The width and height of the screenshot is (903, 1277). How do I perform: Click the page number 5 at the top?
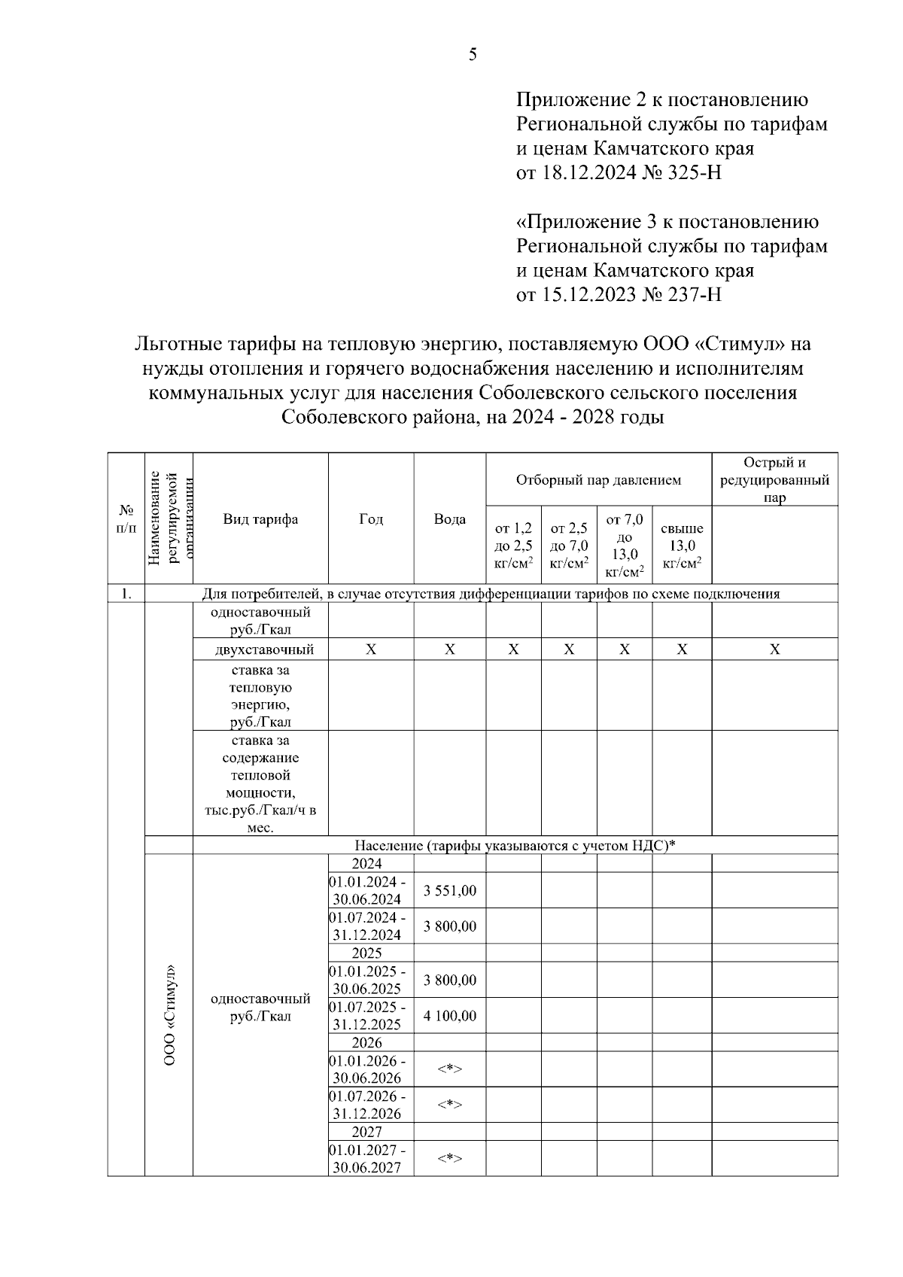coord(473,55)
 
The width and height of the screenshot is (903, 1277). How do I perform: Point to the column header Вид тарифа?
coord(260,519)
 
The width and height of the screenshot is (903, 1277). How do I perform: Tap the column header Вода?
coord(449,519)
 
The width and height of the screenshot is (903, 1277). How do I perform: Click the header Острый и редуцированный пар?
coord(774,479)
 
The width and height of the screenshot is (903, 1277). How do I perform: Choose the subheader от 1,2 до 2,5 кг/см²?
coord(513,546)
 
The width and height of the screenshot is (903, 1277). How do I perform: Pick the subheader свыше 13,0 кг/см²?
coord(681,546)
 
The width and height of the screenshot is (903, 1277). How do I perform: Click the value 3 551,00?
coord(449,891)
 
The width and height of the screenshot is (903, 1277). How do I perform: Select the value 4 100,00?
coord(449,1016)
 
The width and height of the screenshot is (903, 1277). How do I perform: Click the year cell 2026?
coord(367,1043)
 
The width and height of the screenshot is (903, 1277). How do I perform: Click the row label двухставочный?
coord(260,649)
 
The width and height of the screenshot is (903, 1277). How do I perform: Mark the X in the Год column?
coord(370,649)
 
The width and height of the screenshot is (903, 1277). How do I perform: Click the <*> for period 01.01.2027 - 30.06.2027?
coord(449,1158)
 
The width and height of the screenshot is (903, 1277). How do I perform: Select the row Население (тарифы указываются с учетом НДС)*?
coord(515,846)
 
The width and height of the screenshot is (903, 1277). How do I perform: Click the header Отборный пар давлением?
coord(598,480)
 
